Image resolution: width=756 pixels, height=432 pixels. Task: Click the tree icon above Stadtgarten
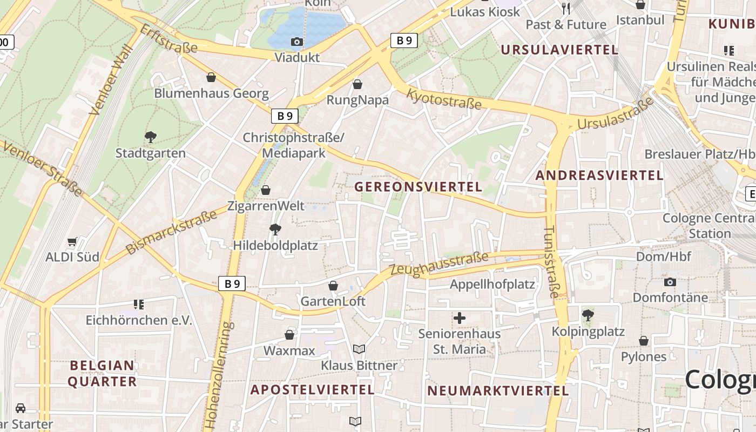click(151, 137)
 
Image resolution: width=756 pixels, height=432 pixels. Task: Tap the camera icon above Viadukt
click(296, 42)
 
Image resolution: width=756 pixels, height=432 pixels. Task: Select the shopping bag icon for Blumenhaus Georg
click(211, 78)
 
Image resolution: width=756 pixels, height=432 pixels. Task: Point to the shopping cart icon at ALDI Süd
click(72, 241)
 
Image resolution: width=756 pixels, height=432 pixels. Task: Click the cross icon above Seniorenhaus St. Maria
click(460, 319)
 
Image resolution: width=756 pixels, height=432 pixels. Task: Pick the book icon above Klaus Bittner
click(359, 349)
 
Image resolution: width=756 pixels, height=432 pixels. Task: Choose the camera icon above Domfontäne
click(670, 282)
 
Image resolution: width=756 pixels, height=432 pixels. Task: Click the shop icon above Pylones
click(643, 341)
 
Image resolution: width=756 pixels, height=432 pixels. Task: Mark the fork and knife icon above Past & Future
click(566, 8)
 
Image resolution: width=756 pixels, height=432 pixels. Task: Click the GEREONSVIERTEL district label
click(418, 187)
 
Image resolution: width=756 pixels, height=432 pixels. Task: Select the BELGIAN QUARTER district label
click(103, 374)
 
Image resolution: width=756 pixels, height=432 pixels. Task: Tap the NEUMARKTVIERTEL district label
click(498, 391)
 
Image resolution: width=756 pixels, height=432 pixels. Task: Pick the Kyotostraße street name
click(443, 99)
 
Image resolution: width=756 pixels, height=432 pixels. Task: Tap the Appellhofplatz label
click(492, 285)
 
